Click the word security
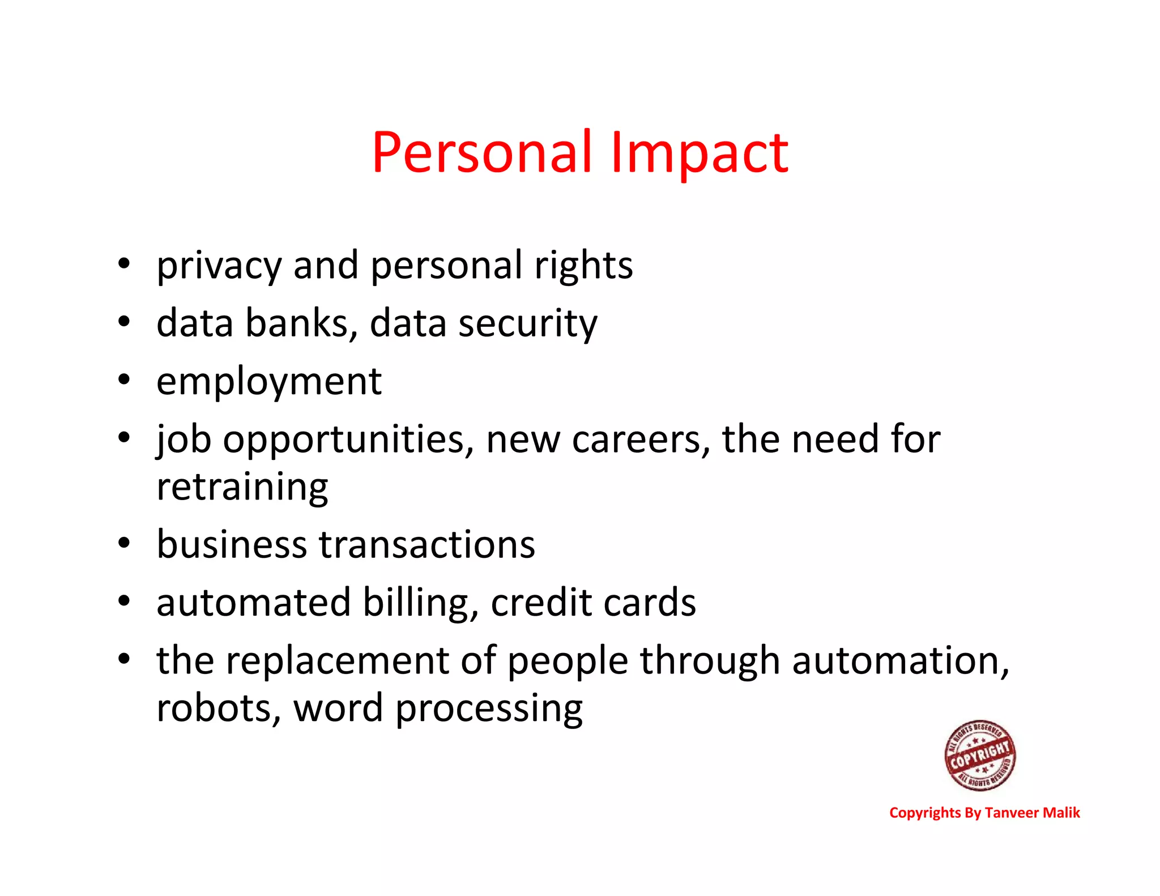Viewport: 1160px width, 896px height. [527, 323]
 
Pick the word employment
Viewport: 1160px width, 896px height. [269, 382]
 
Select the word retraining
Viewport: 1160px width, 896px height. [242, 487]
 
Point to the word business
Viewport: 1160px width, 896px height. [232, 544]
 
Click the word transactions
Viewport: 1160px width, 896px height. [427, 544]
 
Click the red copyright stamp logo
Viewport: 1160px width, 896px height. [980, 756]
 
